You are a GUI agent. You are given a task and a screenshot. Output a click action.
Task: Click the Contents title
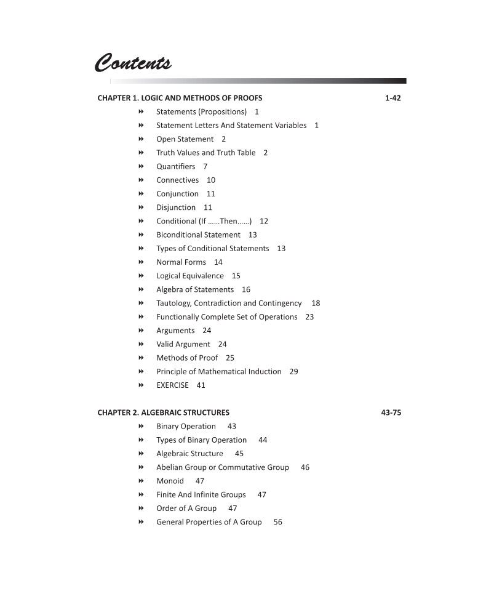(133, 63)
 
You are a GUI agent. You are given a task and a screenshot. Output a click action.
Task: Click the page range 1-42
(392, 98)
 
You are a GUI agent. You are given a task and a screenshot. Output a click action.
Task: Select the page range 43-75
(391, 412)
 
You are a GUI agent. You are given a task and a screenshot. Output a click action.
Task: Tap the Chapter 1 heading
(180, 98)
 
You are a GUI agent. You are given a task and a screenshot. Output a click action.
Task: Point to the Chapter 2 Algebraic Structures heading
(163, 412)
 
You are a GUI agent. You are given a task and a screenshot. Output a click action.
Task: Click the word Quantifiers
(175, 166)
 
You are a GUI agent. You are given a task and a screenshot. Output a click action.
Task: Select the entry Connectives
(177, 180)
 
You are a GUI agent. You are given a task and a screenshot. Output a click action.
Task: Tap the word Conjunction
(177, 194)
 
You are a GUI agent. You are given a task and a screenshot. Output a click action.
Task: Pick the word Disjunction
(176, 207)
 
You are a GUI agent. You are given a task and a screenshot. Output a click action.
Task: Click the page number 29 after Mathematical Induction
(293, 372)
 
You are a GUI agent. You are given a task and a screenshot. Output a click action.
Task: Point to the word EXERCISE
(172, 385)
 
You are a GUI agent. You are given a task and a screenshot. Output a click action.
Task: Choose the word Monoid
(170, 481)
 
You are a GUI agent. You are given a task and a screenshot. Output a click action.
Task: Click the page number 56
(277, 522)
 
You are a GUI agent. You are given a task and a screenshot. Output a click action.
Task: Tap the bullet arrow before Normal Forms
(141, 262)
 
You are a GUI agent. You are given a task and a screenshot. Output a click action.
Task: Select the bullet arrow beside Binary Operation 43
(141, 426)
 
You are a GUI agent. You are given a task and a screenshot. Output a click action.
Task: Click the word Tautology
(173, 304)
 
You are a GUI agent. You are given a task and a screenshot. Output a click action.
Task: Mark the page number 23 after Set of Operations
(309, 317)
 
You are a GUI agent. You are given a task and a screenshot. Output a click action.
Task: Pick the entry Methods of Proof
(187, 358)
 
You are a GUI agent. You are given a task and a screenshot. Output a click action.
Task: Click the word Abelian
(169, 467)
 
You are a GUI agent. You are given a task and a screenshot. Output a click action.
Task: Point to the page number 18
(316, 304)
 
